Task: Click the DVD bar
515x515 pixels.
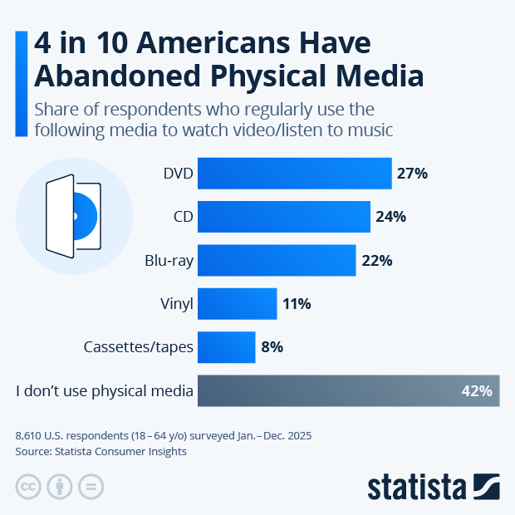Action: tap(295, 174)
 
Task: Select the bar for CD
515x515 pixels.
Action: tap(284, 217)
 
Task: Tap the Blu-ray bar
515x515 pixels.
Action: tap(277, 260)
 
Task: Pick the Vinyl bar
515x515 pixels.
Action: tap(238, 304)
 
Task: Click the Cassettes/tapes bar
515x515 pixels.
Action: tap(227, 347)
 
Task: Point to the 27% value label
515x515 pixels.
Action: tap(412, 174)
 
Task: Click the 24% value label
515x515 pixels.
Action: tap(390, 217)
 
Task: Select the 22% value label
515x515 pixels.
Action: tap(377, 260)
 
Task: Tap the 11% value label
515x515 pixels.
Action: tap(297, 304)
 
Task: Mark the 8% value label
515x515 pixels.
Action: tap(272, 347)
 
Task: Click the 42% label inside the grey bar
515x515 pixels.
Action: tap(477, 390)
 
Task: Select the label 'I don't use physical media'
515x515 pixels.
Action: tap(105, 390)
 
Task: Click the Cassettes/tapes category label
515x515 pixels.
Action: tap(139, 347)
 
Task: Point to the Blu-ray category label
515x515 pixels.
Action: tap(169, 260)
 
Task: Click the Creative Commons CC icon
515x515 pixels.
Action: tap(28, 488)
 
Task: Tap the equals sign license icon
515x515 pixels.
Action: tap(91, 488)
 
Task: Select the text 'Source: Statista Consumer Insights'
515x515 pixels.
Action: tap(101, 452)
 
